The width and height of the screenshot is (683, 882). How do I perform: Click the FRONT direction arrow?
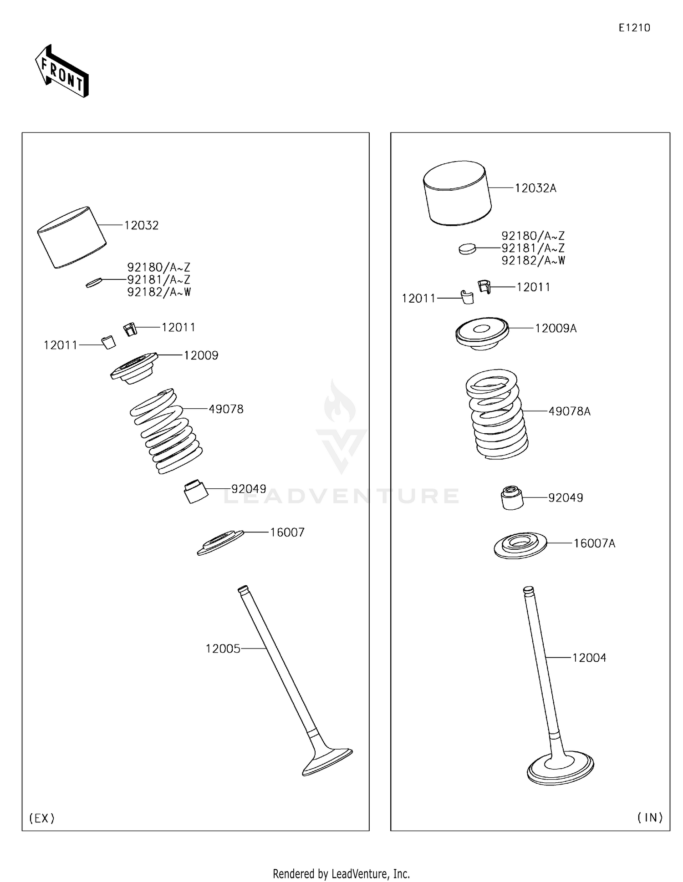[x=62, y=71]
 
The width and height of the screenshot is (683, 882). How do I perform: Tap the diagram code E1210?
[x=634, y=28]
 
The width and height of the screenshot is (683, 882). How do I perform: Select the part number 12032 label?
[x=142, y=225]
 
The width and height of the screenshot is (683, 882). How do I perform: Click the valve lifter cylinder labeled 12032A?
[x=457, y=193]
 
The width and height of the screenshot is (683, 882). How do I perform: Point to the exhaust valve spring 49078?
[x=166, y=431]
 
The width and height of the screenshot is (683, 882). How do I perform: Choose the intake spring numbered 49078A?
[x=497, y=414]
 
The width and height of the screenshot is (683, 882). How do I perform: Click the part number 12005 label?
[x=223, y=649]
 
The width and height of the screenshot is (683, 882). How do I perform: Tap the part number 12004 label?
[x=589, y=658]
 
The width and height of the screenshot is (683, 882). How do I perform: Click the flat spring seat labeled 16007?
[x=220, y=542]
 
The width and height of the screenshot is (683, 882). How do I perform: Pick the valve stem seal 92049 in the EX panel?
[x=195, y=491]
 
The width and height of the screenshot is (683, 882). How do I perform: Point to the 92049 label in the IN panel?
[x=566, y=497]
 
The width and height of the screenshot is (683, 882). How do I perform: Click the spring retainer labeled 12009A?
[x=482, y=333]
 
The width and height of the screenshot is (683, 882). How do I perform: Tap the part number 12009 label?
[x=201, y=355]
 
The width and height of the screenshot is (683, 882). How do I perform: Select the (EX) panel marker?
[x=42, y=818]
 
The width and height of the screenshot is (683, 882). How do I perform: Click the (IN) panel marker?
[x=650, y=818]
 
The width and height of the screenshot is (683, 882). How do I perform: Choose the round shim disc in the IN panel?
[x=467, y=248]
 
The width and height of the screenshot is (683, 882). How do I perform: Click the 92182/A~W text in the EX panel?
[x=159, y=292]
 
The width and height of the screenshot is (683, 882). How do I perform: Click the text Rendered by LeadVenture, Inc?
[x=341, y=874]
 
